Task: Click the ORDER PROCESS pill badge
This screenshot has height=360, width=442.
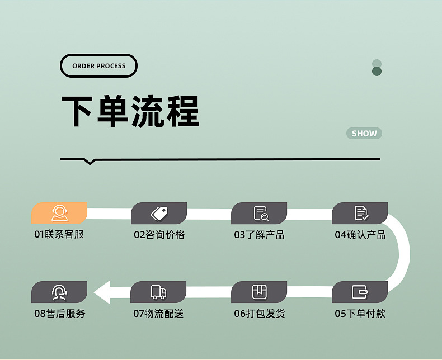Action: [98, 66]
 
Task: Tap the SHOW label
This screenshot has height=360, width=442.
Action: [364, 134]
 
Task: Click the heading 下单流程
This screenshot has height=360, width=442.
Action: [130, 112]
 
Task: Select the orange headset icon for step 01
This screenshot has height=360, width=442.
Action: [59, 213]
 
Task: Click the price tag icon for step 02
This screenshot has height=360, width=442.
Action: [159, 213]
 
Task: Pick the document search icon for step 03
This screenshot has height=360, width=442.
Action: [261, 213]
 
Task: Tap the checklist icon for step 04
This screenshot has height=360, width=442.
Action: [361, 213]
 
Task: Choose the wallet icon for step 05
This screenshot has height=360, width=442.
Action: [360, 292]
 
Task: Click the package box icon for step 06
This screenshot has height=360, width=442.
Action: [260, 292]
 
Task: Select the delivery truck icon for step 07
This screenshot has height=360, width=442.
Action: [159, 292]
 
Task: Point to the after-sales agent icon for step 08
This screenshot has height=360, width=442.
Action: [59, 292]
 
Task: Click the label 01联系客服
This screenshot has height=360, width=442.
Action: [59, 234]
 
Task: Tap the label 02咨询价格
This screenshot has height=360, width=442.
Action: [159, 234]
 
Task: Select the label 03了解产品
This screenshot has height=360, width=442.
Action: [259, 234]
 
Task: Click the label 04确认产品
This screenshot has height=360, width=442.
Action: [360, 234]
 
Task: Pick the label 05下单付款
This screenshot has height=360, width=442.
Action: [360, 314]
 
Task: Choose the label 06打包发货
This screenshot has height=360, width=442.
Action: [259, 314]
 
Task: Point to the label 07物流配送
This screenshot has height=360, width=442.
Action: [158, 314]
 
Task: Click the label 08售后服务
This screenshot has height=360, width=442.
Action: [60, 314]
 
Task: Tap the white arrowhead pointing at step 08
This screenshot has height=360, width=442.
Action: [103, 292]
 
